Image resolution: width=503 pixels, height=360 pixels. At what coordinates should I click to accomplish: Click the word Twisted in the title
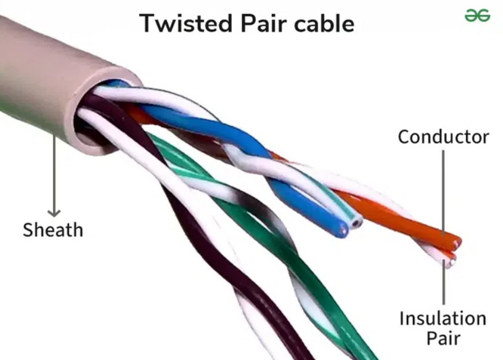186,23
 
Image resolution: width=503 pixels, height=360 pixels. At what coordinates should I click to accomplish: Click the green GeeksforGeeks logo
477,15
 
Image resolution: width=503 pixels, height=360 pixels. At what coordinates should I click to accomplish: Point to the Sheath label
53,230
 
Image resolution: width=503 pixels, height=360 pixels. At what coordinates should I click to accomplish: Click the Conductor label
443,137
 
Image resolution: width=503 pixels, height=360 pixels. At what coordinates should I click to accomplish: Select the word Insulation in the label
443,318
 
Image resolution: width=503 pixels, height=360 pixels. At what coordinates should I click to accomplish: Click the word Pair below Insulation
443,338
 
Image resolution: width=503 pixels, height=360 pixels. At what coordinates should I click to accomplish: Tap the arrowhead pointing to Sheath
54,213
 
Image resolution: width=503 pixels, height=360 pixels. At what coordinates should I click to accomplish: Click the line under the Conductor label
443,193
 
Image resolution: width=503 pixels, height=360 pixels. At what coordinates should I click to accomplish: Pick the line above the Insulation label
444,282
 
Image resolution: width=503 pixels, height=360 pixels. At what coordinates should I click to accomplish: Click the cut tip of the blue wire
342,230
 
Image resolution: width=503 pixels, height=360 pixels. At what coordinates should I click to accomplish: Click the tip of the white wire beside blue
357,222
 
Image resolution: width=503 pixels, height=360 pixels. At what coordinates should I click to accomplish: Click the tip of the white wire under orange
451,263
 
